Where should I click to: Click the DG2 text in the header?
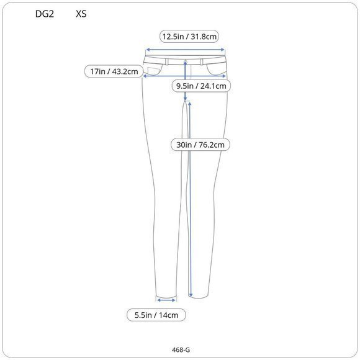45,14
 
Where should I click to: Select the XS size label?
81,14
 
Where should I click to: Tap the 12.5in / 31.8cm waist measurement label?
189,37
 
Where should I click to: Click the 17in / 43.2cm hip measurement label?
114,71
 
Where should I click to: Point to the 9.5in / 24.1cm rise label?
201,86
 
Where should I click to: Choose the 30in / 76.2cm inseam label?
200,145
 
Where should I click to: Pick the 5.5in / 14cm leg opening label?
156,315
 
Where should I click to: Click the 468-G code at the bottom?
181,350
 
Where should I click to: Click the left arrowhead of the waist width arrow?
148,50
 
